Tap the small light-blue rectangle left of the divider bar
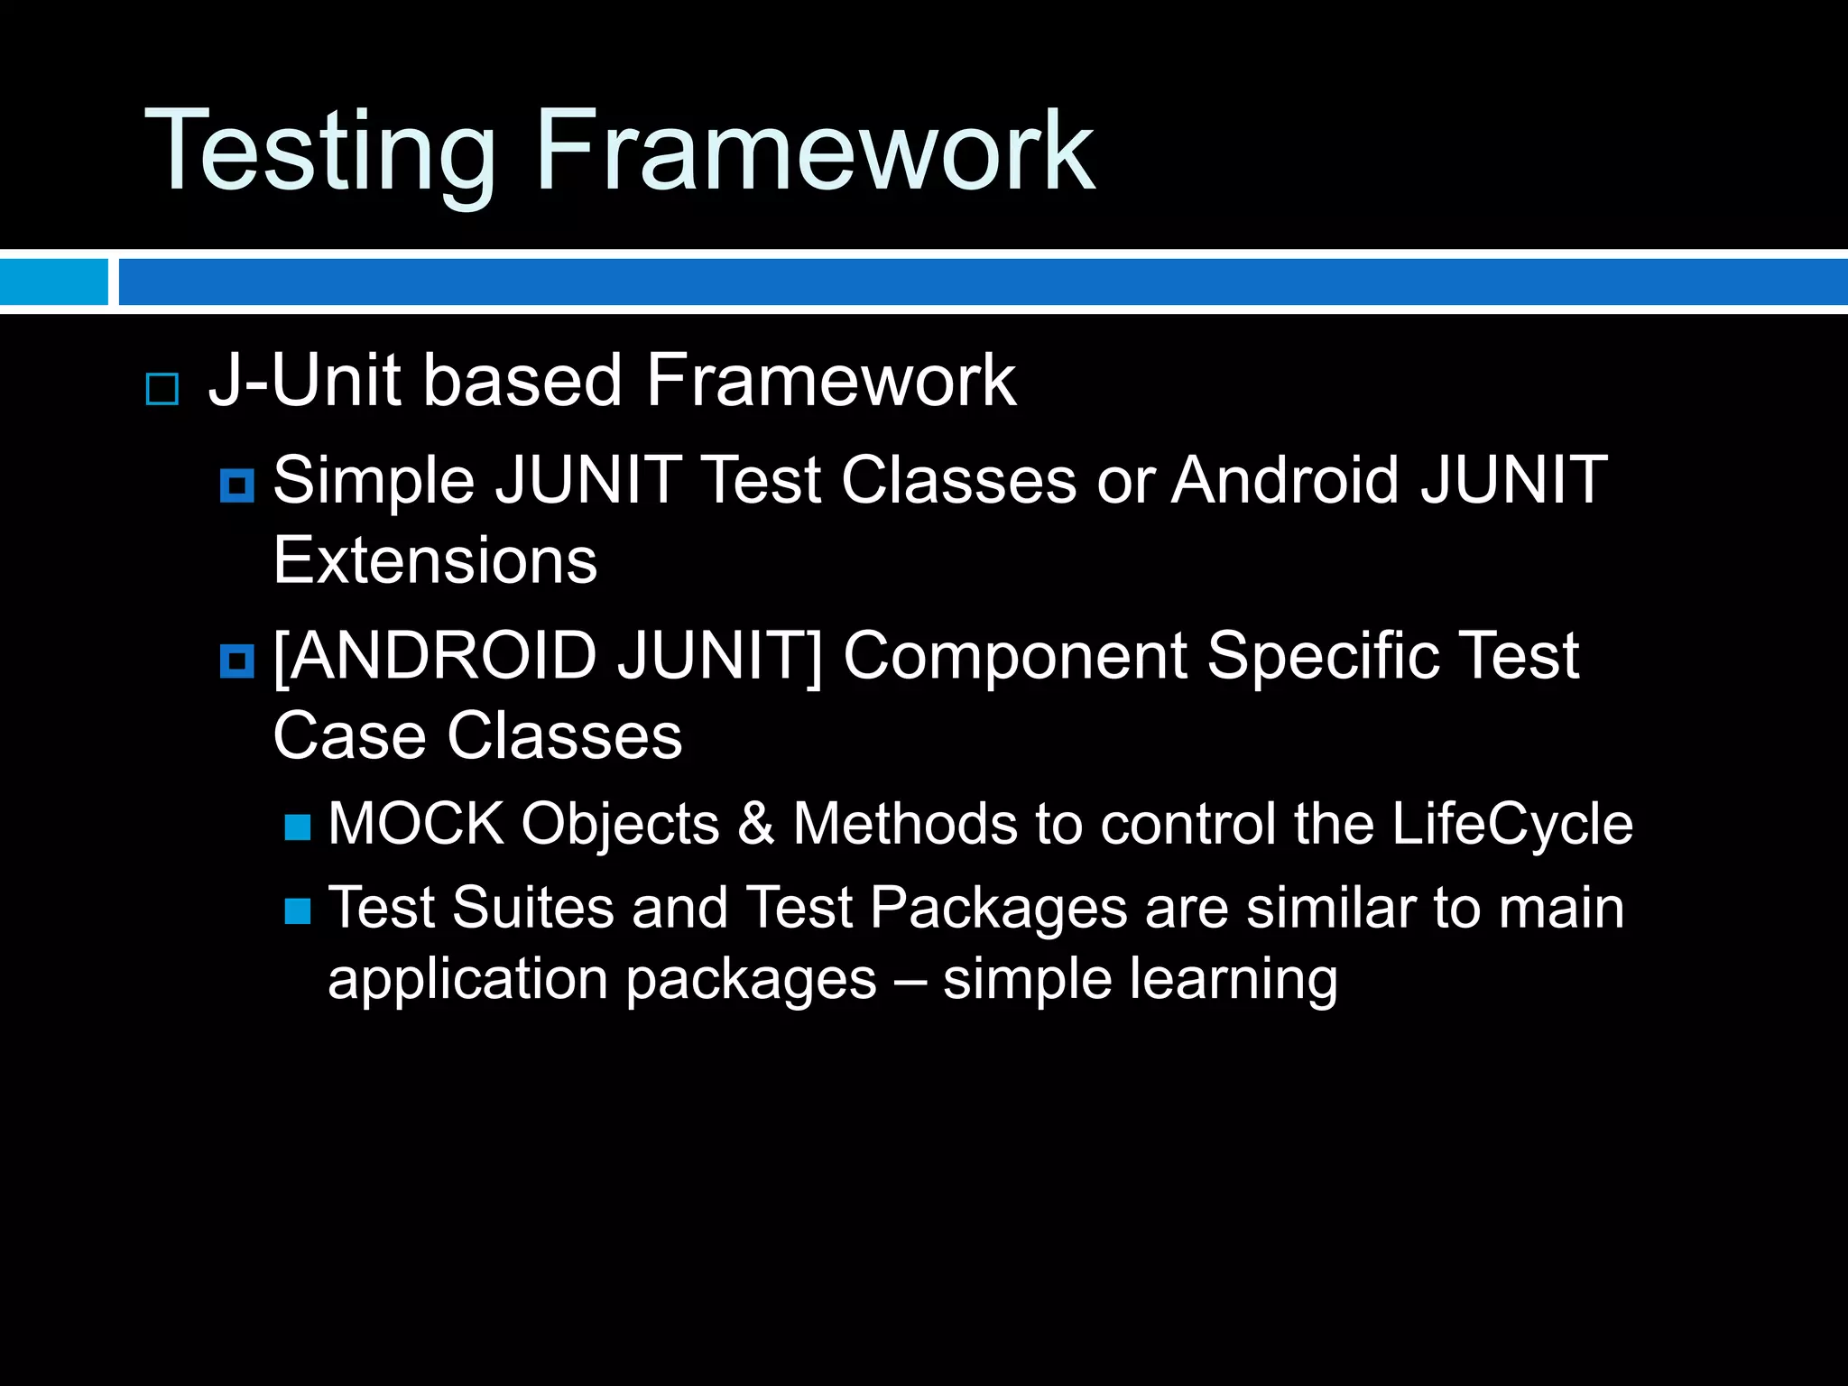[x=53, y=282]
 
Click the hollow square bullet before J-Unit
[x=162, y=389]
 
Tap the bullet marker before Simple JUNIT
[x=237, y=486]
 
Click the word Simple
[x=374, y=481]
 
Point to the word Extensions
[x=435, y=560]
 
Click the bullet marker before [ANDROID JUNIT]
[x=237, y=661]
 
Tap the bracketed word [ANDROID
[x=435, y=656]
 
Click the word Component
[x=1014, y=656]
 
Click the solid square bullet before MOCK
[x=298, y=827]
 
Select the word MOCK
[x=416, y=824]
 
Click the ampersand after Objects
[x=756, y=824]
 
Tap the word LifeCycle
[x=1511, y=824]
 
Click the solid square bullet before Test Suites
[x=298, y=911]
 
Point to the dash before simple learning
[x=910, y=981]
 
